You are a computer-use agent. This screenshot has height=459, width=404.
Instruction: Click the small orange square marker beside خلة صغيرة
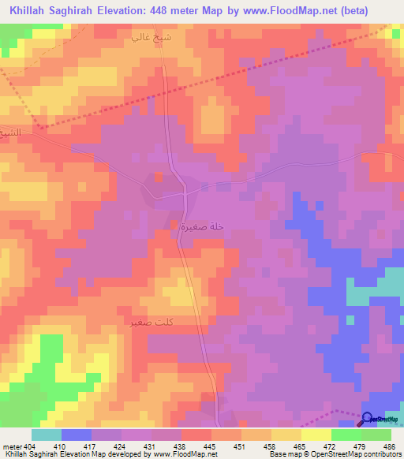[x=174, y=226]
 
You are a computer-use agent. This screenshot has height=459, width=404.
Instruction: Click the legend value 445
[x=211, y=446]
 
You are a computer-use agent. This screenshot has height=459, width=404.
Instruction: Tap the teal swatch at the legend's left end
[x=46, y=435]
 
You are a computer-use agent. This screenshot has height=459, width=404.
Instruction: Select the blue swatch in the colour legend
[x=77, y=435]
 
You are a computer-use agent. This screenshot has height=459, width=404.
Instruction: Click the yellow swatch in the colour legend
[x=316, y=435]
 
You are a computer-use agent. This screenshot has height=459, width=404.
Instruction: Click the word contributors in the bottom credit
[x=380, y=454]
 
